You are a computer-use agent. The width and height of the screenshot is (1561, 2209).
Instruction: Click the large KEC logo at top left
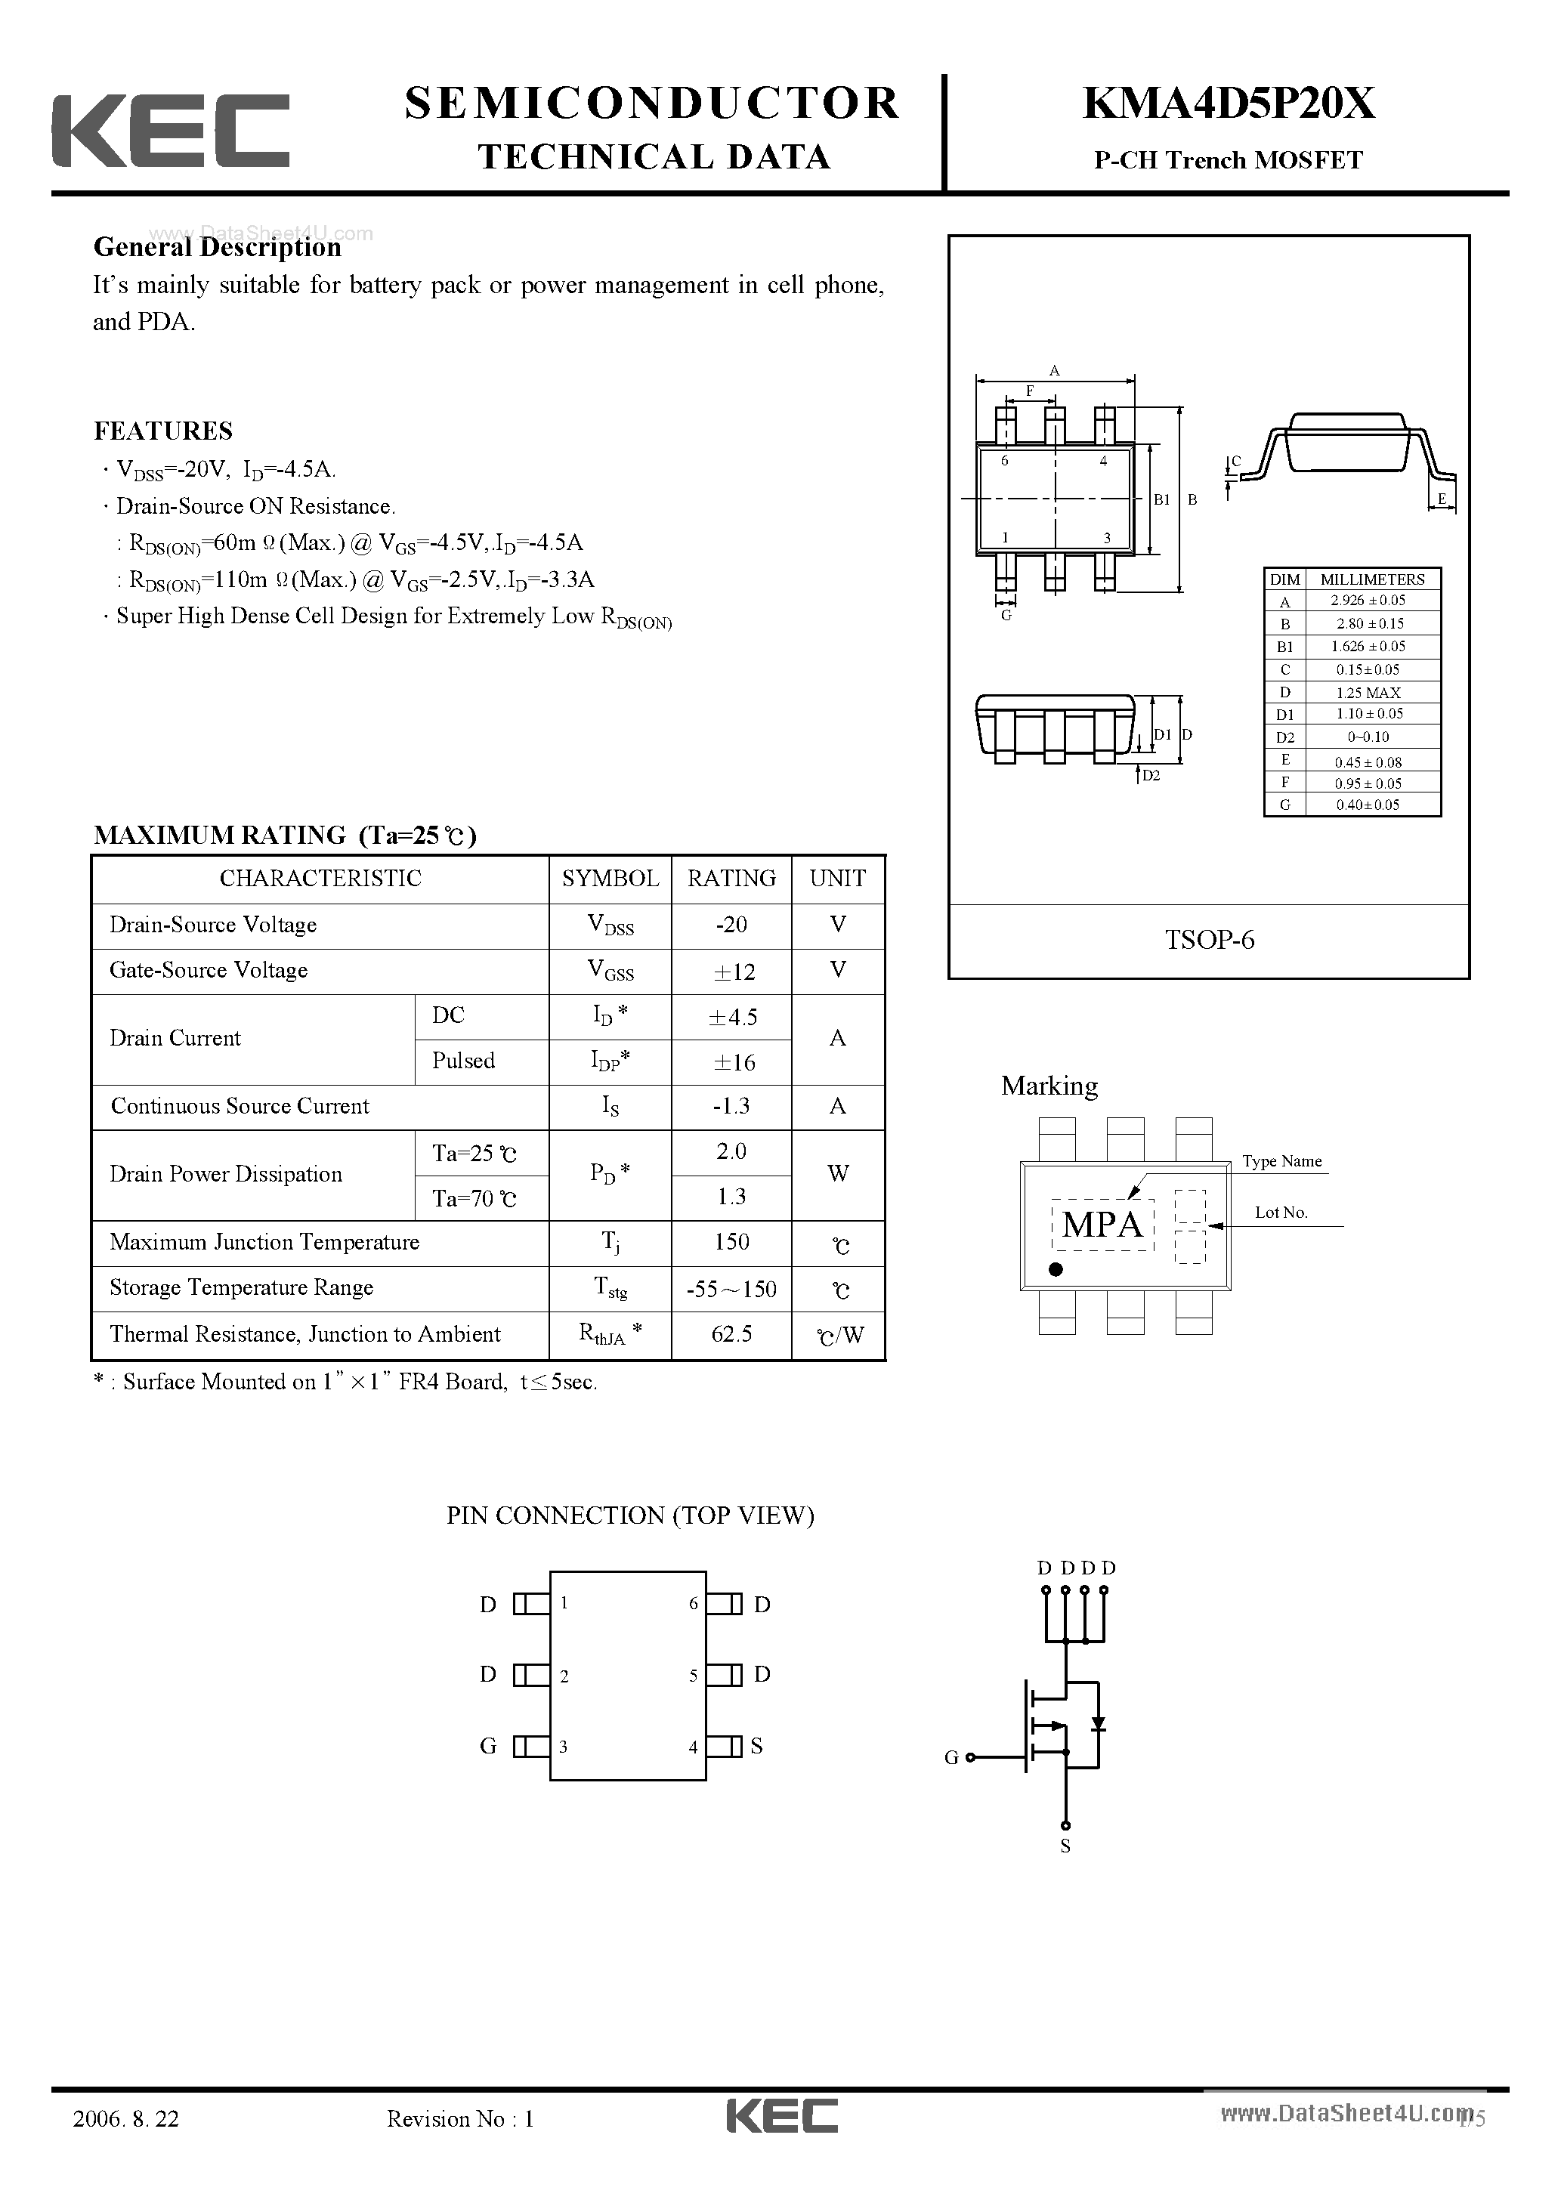coord(170,131)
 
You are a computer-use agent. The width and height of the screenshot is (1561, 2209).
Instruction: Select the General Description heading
coord(218,247)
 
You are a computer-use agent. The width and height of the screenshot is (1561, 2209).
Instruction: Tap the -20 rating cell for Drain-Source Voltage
coord(731,925)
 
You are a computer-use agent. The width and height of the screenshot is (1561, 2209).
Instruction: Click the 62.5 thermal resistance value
coord(731,1334)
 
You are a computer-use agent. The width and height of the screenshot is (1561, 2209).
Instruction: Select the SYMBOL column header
coord(610,879)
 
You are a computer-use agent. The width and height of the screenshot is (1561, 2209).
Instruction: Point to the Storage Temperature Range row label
coord(242,1288)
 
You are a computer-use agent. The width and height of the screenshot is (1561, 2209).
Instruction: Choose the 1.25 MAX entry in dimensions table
coord(1368,693)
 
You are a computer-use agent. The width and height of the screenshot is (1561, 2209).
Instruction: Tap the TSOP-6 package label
coord(1210,940)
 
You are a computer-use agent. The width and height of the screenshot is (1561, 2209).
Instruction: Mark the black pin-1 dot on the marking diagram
coord(1056,1270)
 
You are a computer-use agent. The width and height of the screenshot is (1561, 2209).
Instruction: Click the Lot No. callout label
coord(1281,1213)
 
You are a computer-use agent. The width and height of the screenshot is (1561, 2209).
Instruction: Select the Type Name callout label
coord(1281,1161)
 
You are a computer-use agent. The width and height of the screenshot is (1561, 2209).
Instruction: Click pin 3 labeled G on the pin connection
coord(531,1746)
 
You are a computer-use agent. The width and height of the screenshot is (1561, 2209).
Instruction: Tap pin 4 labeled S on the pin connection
coord(725,1746)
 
